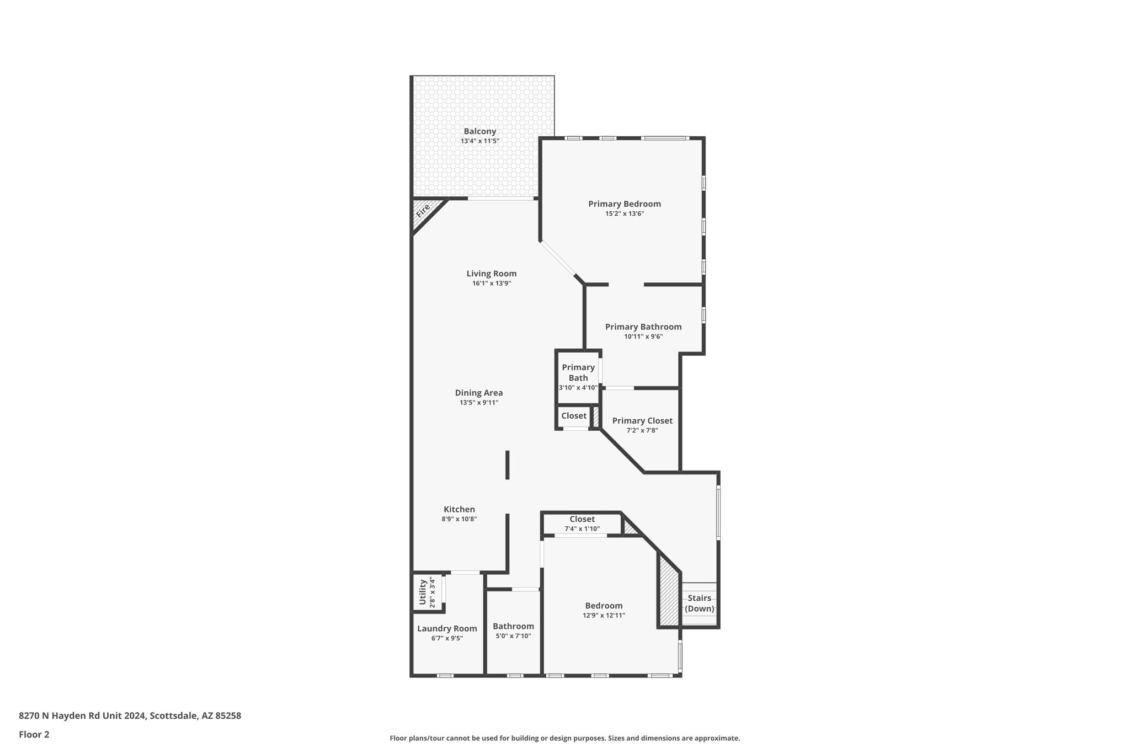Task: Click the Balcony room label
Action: [x=479, y=131]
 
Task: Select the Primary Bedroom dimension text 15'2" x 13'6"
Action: [x=624, y=213]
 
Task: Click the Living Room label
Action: [x=491, y=274]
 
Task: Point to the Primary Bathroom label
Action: [x=643, y=327]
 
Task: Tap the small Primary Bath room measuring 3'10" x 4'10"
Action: [x=578, y=377]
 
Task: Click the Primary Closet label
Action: [x=642, y=421]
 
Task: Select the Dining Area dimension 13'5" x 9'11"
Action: [x=478, y=403]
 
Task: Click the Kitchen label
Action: [x=459, y=510]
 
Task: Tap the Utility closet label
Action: [x=423, y=592]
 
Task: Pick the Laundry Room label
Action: [x=446, y=628]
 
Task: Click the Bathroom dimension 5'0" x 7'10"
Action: [x=513, y=636]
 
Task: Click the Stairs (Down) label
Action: [x=699, y=604]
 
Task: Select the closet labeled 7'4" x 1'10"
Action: [x=582, y=524]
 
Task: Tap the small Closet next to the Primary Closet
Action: [x=574, y=416]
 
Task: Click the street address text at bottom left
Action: [x=130, y=716]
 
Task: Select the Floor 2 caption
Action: [x=34, y=735]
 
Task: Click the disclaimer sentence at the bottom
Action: [x=564, y=739]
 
